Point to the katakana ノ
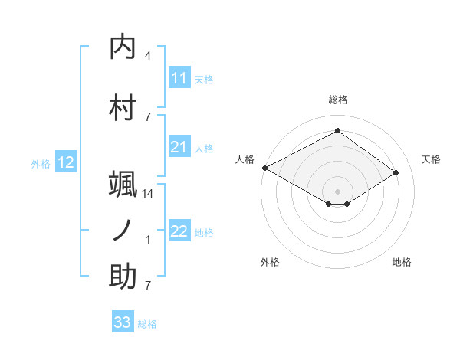point(123,231)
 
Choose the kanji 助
point(123,277)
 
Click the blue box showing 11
point(179,78)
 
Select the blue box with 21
point(179,147)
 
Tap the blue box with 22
point(179,231)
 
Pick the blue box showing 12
point(66,162)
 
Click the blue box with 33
point(123,322)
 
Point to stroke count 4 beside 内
point(148,56)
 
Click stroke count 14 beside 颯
point(148,194)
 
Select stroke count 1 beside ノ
point(148,240)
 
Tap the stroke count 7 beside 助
point(148,286)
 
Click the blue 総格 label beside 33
point(147,324)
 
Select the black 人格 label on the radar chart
point(245,159)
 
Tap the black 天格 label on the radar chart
point(431,159)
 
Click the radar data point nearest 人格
point(264,168)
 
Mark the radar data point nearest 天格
point(396,173)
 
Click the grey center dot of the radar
point(337,191)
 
